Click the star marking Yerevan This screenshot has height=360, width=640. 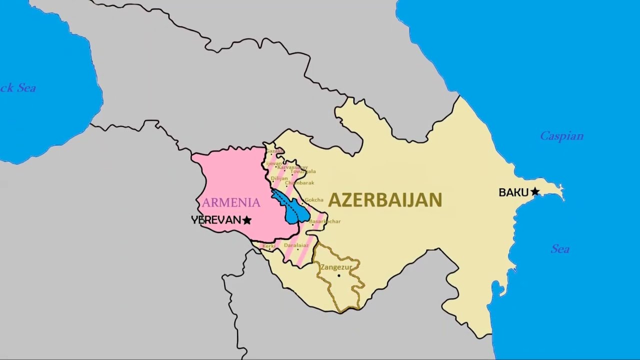tap(247, 220)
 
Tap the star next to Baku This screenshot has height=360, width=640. tap(535, 191)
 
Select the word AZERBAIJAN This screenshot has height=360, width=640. tap(385, 200)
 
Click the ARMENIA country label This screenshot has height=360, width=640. tap(231, 202)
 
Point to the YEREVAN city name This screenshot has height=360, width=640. tap(216, 220)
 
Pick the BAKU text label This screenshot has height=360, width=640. tap(513, 192)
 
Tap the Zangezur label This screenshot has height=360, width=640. tap(336, 267)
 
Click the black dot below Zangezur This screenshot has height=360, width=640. tap(338, 275)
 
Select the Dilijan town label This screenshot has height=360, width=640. tap(279, 178)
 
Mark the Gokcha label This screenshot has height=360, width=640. tap(314, 200)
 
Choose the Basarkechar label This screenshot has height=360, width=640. tap(324, 221)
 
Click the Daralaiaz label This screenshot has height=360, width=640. tap(296, 245)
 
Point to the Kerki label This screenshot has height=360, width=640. tap(269, 246)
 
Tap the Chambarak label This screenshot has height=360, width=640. tap(299, 183)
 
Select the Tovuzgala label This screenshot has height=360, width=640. tap(303, 171)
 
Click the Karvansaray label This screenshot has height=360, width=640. tap(292, 167)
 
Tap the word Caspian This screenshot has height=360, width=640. tap(561, 136)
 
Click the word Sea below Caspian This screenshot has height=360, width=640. tap(560, 249)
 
